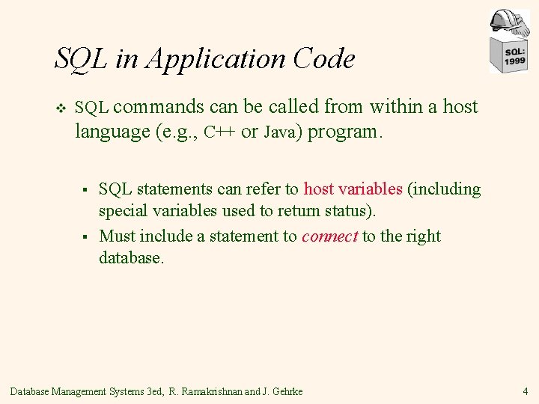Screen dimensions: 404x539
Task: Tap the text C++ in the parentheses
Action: click(x=221, y=132)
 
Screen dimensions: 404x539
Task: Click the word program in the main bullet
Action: click(x=344, y=133)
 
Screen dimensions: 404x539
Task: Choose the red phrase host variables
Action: click(x=353, y=189)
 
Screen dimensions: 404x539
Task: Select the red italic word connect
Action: click(x=329, y=236)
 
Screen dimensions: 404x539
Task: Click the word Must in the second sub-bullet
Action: click(x=116, y=236)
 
